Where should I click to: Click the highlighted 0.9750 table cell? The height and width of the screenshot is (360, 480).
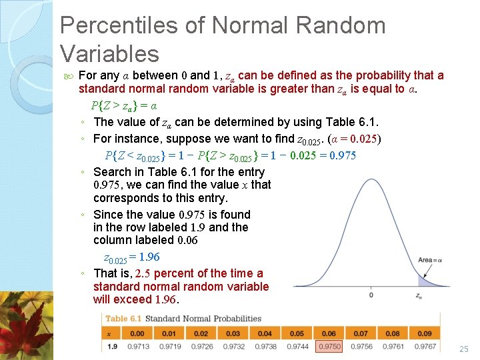point(329,347)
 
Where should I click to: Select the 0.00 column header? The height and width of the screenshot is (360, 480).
point(137,333)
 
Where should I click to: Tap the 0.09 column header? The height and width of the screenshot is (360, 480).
point(425,333)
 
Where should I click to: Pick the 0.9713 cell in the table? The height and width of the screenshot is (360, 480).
point(137,347)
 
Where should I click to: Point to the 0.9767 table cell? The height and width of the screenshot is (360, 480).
point(425,347)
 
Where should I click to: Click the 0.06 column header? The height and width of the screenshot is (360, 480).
point(329,333)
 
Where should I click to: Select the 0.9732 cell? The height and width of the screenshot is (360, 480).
point(233,347)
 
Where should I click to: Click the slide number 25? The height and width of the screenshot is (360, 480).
point(465,349)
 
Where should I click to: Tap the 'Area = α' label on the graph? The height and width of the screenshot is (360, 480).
point(430,260)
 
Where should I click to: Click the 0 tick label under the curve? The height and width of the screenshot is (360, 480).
point(371,295)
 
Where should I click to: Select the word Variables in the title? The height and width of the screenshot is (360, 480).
point(109,53)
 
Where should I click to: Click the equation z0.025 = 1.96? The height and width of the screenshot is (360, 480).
point(131,257)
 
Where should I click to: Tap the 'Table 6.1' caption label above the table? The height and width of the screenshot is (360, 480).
point(125,318)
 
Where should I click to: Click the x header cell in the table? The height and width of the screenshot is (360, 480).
point(109,333)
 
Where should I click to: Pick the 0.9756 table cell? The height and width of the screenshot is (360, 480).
point(361,347)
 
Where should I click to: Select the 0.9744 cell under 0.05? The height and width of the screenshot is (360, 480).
point(297,347)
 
